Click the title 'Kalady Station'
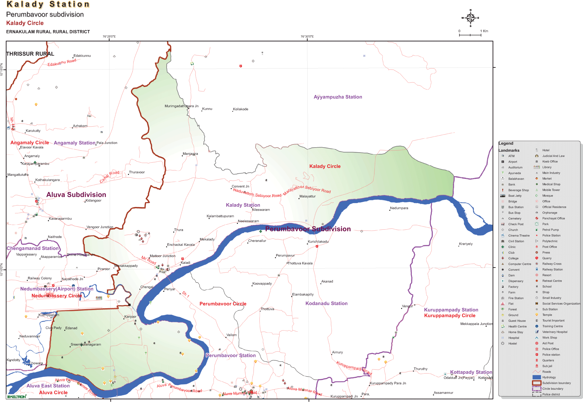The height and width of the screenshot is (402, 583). (48, 5)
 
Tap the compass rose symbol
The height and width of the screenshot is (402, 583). (470, 18)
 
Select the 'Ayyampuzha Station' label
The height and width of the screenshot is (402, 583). (337, 97)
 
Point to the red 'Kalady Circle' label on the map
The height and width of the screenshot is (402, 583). (325, 166)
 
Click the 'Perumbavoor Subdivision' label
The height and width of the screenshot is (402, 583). (308, 229)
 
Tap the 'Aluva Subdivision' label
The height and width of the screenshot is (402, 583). (76, 195)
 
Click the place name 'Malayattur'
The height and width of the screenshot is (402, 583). (307, 196)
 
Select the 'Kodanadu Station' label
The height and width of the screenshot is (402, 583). (326, 304)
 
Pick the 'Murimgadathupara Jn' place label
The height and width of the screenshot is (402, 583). (181, 106)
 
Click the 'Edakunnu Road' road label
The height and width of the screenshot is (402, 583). (62, 62)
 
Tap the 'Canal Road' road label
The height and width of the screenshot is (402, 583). (109, 176)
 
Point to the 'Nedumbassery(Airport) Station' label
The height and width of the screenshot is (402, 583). (57, 289)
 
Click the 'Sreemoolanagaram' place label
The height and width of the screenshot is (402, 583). (86, 345)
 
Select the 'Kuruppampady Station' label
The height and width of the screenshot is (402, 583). (451, 310)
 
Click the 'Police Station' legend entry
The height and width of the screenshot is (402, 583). (551, 236)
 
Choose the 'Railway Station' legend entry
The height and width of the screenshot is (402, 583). (552, 270)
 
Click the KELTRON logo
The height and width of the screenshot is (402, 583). (16, 397)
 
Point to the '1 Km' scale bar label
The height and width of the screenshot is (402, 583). (483, 31)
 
